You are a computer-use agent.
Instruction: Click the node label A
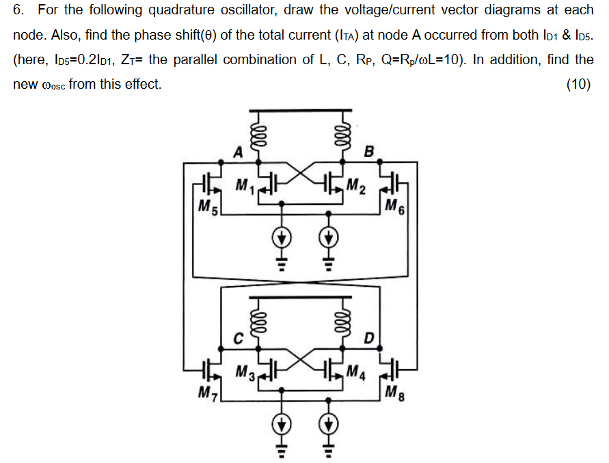[238, 152]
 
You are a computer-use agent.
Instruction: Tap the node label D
[369, 337]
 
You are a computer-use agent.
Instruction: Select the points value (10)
[578, 85]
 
